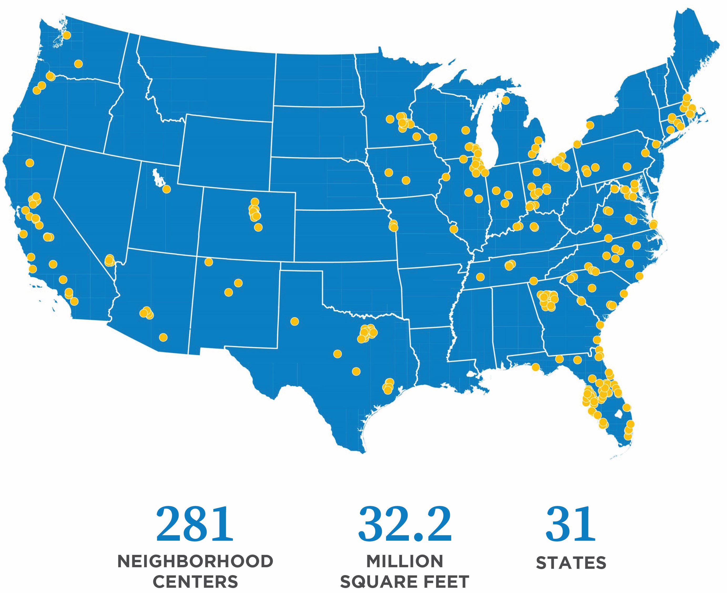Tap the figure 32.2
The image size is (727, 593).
coord(405,524)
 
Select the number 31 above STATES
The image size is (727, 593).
coord(571,524)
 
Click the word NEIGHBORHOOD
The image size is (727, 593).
coord(195,561)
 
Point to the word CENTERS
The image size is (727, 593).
coord(195,582)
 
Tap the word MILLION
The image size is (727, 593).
coord(405,561)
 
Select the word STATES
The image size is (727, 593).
coord(571,563)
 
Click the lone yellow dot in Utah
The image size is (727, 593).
coord(166,189)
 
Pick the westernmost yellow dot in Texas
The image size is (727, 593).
coord(294,321)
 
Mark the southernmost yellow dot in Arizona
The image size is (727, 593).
coord(163,337)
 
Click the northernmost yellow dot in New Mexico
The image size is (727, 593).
coord(209,262)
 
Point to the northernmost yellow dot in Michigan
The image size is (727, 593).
coord(505,100)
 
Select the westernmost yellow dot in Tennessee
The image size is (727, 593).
coord(480,277)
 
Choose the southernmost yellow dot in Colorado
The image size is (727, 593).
coord(258,227)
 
